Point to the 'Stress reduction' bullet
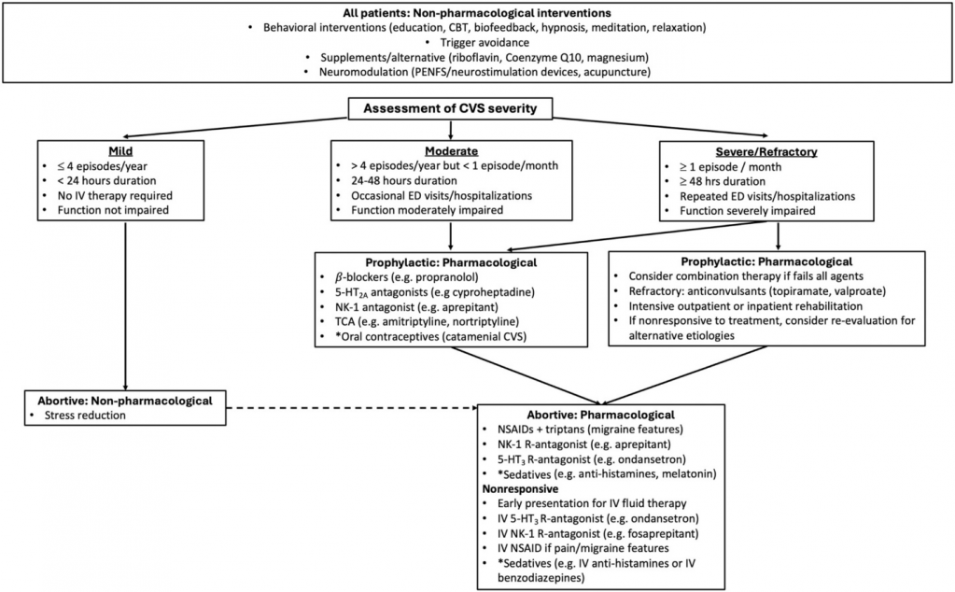tap(85, 415)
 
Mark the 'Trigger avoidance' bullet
tap(478, 41)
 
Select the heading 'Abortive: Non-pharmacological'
tap(119, 400)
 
